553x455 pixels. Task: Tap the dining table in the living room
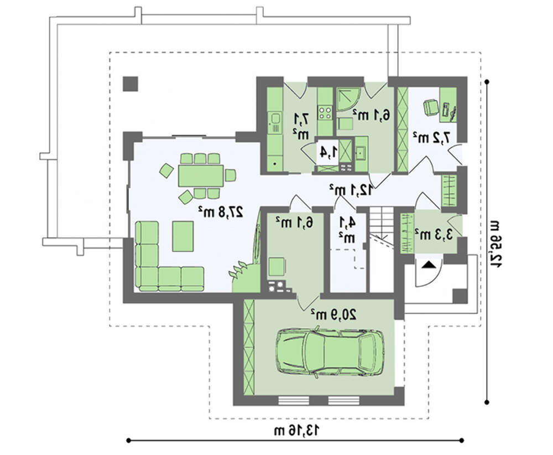(201, 175)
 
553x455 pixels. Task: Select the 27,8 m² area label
(221, 211)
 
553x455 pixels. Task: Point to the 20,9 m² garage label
(333, 314)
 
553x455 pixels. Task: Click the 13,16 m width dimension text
(298, 430)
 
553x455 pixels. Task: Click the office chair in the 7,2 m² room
(430, 107)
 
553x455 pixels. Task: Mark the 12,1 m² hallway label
(351, 190)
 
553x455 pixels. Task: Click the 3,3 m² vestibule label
(434, 234)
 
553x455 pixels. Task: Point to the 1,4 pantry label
(328, 152)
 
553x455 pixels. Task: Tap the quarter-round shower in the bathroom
(348, 100)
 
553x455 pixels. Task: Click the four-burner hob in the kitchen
(325, 112)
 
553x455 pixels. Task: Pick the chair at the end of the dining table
(230, 175)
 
